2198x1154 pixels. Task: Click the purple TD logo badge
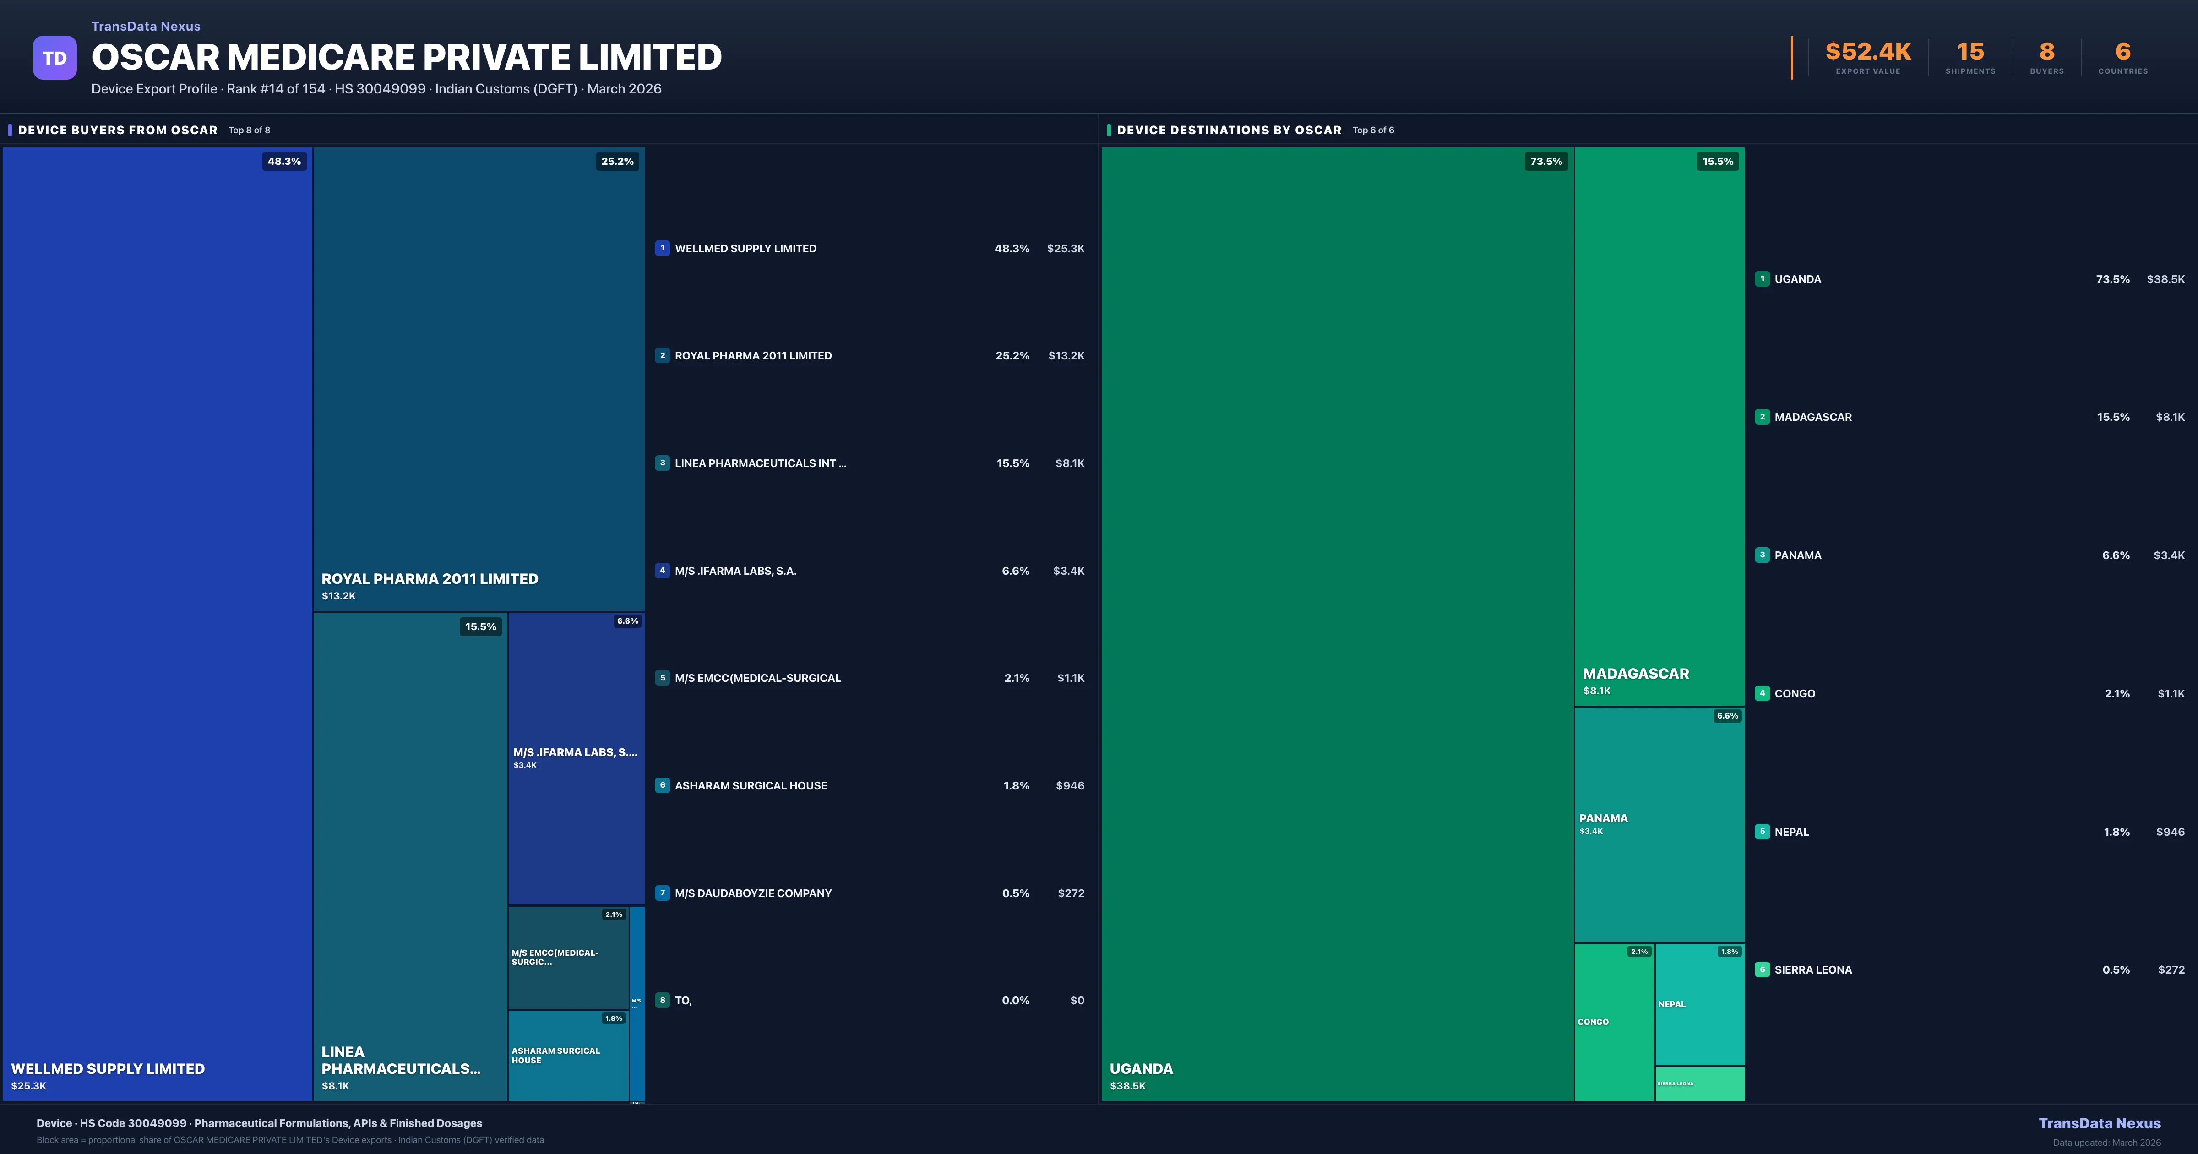click(x=54, y=58)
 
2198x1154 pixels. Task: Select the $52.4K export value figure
click(x=1868, y=52)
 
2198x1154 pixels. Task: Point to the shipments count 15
click(x=1970, y=52)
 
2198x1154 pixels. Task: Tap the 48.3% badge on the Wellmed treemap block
click(x=284, y=161)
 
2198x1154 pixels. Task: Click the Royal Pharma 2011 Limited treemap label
click(x=429, y=579)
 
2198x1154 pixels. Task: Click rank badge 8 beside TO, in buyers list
click(x=662, y=1000)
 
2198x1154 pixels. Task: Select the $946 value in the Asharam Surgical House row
click(x=1070, y=785)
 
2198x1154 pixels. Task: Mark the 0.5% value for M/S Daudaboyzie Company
click(x=1015, y=893)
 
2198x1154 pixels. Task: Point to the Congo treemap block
click(x=1614, y=1022)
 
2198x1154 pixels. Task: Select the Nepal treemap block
click(x=1699, y=1004)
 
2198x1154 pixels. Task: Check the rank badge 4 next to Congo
click(x=1762, y=693)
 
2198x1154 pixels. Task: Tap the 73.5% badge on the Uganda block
click(x=1545, y=161)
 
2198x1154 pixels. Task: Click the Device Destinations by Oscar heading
click(x=1229, y=130)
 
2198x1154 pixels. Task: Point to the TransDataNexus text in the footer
click(x=2099, y=1123)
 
